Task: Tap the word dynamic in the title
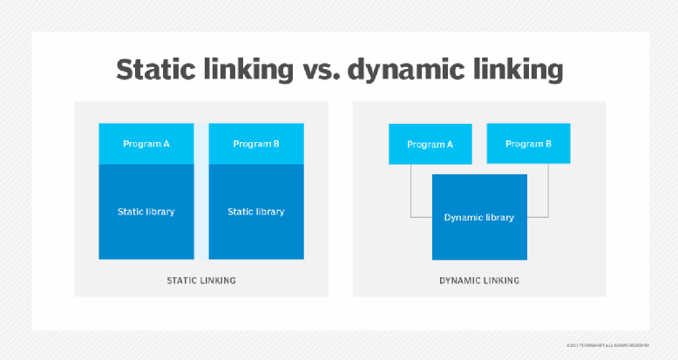click(398, 70)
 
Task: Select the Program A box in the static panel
click(146, 144)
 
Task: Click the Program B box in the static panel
click(256, 144)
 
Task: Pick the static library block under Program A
click(146, 212)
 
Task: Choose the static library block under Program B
click(256, 212)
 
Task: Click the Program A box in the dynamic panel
click(430, 144)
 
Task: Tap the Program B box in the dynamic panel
click(528, 144)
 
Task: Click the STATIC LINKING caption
click(201, 281)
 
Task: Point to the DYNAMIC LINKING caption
click(479, 281)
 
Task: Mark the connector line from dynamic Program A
click(411, 192)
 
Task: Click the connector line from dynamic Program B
click(547, 192)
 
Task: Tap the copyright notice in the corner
click(616, 345)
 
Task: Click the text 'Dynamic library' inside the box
click(479, 217)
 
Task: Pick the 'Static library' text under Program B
click(256, 212)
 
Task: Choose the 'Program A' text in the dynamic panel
click(430, 144)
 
